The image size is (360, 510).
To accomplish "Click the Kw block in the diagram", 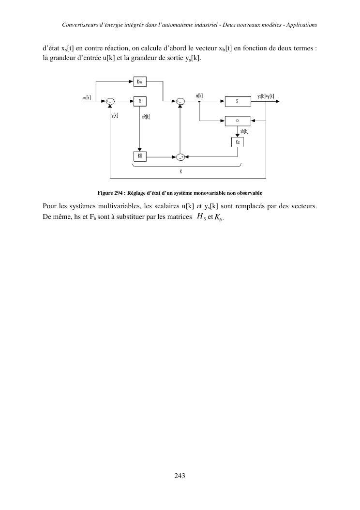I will point(139,81).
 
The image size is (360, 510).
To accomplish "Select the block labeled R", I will point(139,101).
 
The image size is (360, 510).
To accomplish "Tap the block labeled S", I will point(237,101).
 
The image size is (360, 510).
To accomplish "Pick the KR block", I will point(139,156).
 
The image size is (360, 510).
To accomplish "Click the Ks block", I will point(237,142).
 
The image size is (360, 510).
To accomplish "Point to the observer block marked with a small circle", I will point(237,120).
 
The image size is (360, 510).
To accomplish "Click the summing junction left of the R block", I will point(110,101).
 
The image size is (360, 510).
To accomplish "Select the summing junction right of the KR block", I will point(180,156).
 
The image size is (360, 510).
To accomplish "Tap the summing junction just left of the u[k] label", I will point(180,101).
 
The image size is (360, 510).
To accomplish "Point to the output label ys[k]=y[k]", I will point(266,96).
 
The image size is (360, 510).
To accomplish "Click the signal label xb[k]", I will point(244,130).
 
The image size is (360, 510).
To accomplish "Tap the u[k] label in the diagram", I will point(199,96).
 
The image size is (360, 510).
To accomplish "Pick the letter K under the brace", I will point(180,171).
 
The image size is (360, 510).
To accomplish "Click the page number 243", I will point(180,476).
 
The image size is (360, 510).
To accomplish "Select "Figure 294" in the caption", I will point(111,193).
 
